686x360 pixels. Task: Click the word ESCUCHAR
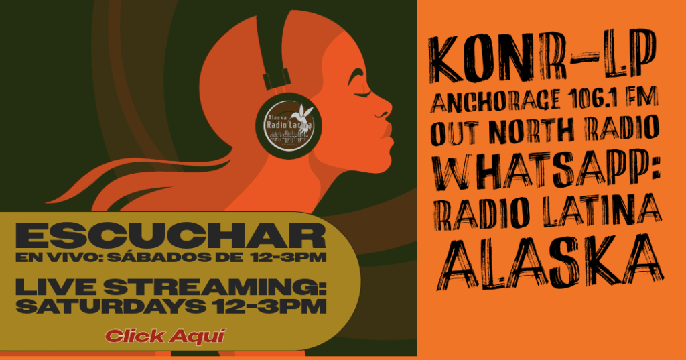(x=171, y=235)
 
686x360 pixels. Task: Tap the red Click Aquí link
(x=165, y=337)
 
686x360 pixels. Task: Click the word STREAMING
(x=215, y=287)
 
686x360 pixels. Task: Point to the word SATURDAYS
(x=111, y=306)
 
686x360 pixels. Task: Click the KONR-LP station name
(x=543, y=56)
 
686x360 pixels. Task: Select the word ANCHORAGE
(x=496, y=99)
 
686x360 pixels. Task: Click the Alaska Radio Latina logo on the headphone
(x=289, y=125)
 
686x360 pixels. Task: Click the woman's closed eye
(x=363, y=94)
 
